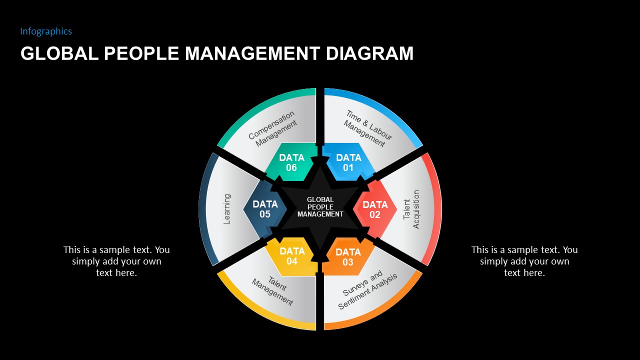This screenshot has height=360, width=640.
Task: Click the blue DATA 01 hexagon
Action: (348, 162)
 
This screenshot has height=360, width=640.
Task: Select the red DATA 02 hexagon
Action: (375, 209)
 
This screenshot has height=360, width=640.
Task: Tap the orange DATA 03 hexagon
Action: (348, 257)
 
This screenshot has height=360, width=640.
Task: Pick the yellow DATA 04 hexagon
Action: (291, 256)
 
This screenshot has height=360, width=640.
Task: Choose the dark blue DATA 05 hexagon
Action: (265, 209)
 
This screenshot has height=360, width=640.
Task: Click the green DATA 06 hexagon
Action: (291, 162)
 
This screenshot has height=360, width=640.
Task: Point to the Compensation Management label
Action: (273, 129)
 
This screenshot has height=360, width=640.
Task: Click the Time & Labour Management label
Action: (367, 129)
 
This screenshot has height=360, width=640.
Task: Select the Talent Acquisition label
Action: (411, 209)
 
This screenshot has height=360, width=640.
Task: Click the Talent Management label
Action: (273, 290)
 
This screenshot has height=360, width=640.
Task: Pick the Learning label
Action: (226, 209)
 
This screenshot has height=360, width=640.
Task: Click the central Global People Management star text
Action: (320, 207)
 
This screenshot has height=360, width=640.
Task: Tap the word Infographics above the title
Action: (46, 31)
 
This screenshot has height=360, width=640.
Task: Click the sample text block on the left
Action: (116, 261)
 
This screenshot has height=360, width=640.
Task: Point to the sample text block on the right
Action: (524, 261)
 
